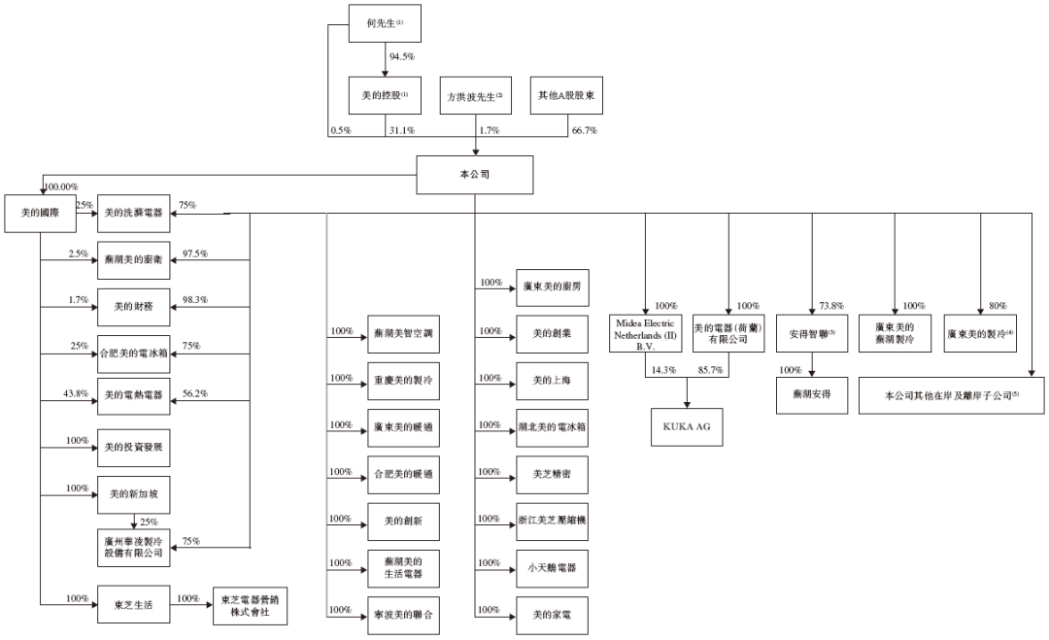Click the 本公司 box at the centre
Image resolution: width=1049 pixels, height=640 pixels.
[475, 176]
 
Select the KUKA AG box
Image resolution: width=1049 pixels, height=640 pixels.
[688, 424]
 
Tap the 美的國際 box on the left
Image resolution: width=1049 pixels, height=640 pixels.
[40, 213]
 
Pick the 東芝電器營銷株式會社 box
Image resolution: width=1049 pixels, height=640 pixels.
[250, 604]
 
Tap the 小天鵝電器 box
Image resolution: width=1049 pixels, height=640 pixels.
[553, 567]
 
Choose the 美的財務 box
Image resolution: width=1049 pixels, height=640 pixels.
[135, 306]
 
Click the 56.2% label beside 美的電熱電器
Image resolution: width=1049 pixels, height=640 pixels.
[193, 392]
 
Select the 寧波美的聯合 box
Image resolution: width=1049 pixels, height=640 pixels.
[403, 615]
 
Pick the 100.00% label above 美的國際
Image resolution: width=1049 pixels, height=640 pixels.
[59, 185]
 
